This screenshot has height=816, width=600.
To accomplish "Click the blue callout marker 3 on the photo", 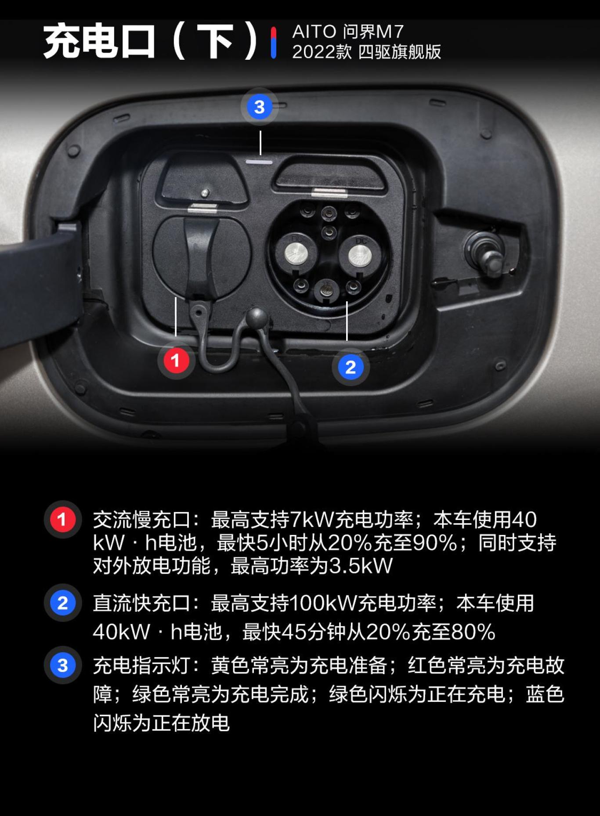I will click(x=259, y=107).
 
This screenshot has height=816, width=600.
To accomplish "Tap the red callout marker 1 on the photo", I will click(x=176, y=361).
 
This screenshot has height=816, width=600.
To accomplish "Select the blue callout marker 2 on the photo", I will click(x=350, y=367).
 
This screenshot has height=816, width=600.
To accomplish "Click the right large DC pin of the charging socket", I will click(x=359, y=254).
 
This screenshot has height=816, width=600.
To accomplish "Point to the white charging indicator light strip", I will click(x=259, y=162).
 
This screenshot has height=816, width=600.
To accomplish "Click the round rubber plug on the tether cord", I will click(x=257, y=317).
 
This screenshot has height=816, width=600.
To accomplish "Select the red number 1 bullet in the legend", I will click(x=62, y=519).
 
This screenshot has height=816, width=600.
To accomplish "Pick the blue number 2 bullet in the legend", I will click(x=62, y=603).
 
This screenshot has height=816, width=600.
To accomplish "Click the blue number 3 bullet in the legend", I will click(x=62, y=665).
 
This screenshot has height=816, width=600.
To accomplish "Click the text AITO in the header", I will click(x=314, y=32).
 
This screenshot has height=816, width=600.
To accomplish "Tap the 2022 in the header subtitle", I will click(x=307, y=52).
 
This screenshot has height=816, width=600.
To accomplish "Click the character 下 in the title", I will click(x=214, y=42).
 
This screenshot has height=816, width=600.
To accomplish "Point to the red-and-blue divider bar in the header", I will click(x=274, y=43).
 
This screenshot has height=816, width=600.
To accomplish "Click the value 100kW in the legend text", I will click(x=323, y=603).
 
